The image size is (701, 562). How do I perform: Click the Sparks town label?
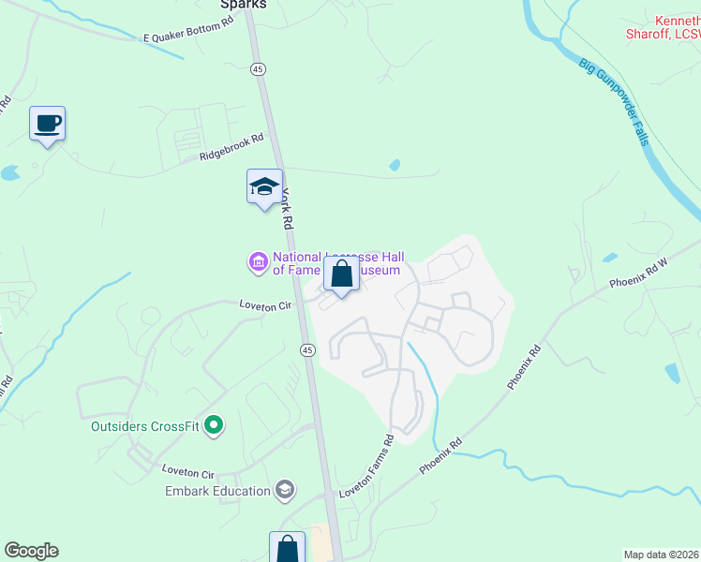[x=244, y=5]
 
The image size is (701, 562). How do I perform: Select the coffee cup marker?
[x=47, y=123]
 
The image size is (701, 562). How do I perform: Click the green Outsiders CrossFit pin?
[x=214, y=426]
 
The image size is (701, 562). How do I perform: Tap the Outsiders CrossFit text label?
[x=144, y=427]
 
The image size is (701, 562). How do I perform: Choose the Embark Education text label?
[x=217, y=490]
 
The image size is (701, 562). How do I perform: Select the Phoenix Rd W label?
[x=637, y=272]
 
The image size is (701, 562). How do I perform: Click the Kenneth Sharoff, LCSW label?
[x=664, y=26]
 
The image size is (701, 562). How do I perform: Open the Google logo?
[x=31, y=551]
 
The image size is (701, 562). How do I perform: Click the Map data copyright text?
[x=662, y=555]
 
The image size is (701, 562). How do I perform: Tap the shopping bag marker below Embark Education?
[x=287, y=548]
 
